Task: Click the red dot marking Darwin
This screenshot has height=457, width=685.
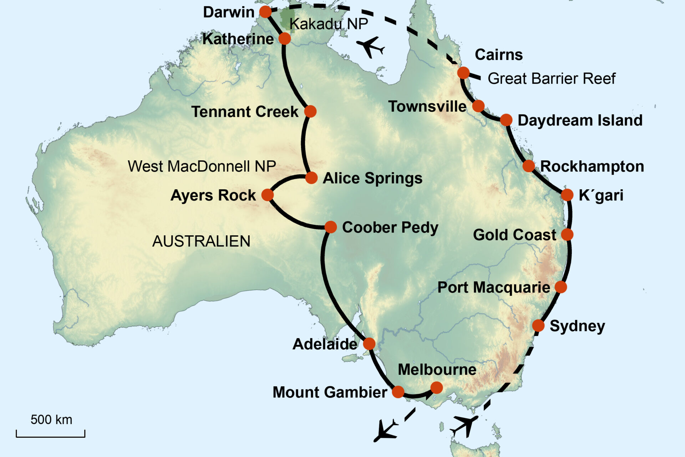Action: click(265, 12)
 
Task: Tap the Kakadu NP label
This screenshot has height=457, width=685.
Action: click(329, 24)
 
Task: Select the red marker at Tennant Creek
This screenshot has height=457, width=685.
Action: click(310, 111)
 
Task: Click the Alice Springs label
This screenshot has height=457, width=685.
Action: click(372, 178)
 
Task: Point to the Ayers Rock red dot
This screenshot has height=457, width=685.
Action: click(268, 195)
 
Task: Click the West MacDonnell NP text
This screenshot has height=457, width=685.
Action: click(202, 166)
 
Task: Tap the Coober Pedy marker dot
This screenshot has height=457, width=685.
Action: click(331, 227)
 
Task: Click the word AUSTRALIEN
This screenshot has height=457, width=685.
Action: click(201, 241)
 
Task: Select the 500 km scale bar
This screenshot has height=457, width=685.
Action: click(51, 434)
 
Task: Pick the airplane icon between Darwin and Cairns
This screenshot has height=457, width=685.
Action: click(370, 47)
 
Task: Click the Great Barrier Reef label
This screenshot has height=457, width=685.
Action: click(552, 79)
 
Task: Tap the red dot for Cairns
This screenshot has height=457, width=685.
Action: click(463, 73)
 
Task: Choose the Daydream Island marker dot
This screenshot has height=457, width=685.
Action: click(506, 120)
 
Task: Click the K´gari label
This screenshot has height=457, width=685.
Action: click(601, 195)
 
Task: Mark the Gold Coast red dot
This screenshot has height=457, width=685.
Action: click(567, 235)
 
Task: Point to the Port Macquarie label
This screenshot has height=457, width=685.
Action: click(494, 287)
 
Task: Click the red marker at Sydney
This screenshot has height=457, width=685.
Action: click(538, 326)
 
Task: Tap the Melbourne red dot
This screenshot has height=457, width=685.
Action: click(437, 387)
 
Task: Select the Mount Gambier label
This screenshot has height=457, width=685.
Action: click(330, 392)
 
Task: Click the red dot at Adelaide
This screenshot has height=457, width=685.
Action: click(369, 344)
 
